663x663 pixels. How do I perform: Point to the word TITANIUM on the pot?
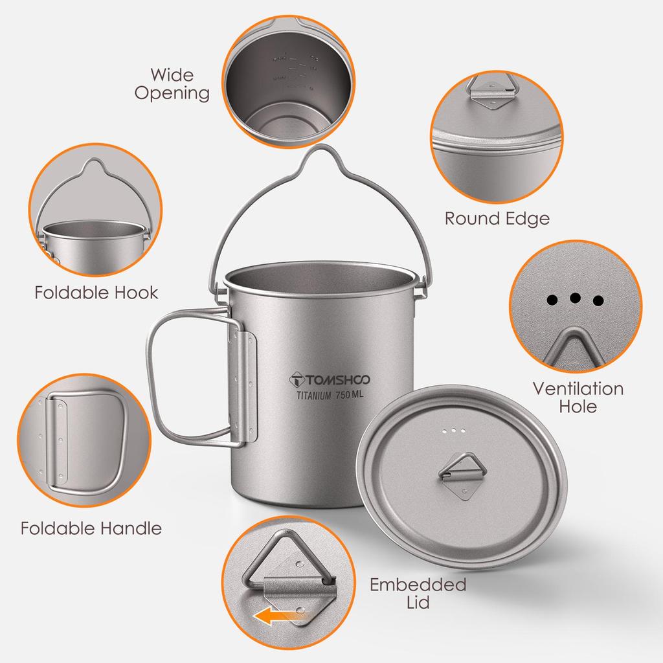pyautogui.click(x=314, y=396)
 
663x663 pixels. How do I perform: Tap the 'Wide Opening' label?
pyautogui.click(x=172, y=84)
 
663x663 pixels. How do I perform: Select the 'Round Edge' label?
pyautogui.click(x=497, y=218)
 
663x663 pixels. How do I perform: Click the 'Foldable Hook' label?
pyautogui.click(x=96, y=293)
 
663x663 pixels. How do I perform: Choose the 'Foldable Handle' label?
pyautogui.click(x=91, y=528)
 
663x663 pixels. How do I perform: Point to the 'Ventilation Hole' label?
pyautogui.click(x=578, y=398)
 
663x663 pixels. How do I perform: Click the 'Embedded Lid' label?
pyautogui.click(x=418, y=594)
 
